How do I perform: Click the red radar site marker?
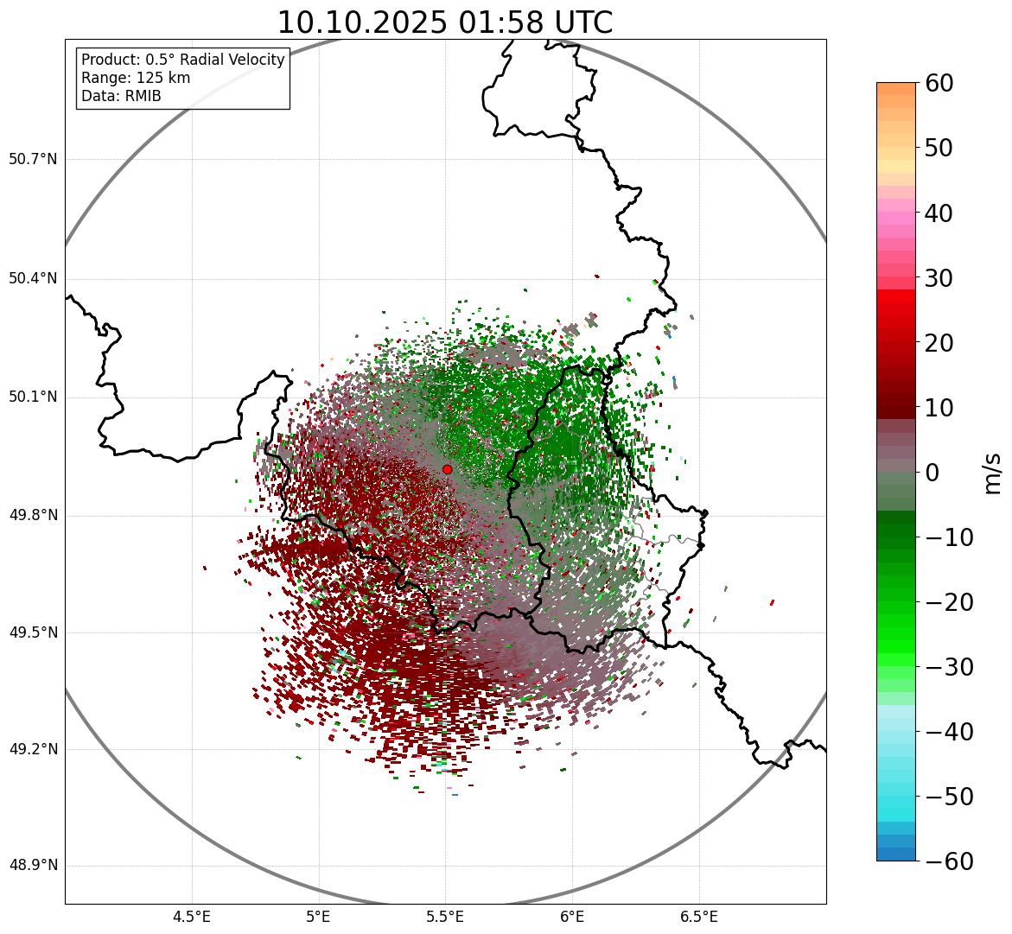[x=447, y=469]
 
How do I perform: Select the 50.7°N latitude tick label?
[x=33, y=159]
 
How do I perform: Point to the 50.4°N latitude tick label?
[x=33, y=278]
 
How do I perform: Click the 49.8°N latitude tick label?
[x=33, y=515]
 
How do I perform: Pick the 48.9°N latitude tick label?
[x=33, y=866]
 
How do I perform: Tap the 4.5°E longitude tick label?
[x=192, y=916]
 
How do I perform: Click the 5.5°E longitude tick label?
[x=445, y=916]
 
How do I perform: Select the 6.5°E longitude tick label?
[x=698, y=916]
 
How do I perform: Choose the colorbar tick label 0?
[x=932, y=473]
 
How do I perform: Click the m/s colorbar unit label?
[x=992, y=472]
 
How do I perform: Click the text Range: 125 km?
[x=136, y=78]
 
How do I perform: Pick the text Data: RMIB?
[x=121, y=96]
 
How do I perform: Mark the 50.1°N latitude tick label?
[x=33, y=397]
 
